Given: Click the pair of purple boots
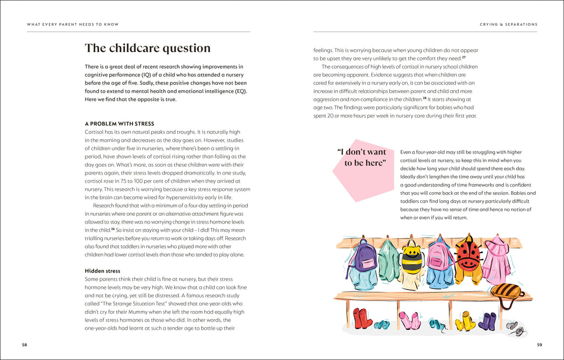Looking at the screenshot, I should (487, 321).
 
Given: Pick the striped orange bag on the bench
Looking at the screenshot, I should (506, 291).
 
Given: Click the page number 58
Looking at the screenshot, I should (24, 345).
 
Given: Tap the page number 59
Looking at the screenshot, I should (539, 345).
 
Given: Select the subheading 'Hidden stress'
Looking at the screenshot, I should (102, 271).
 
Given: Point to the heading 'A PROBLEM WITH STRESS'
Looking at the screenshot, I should (120, 124).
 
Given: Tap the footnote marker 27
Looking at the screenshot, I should (464, 57).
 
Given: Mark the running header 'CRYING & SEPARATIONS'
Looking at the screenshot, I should (508, 24).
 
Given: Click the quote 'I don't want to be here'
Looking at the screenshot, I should (361, 157).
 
